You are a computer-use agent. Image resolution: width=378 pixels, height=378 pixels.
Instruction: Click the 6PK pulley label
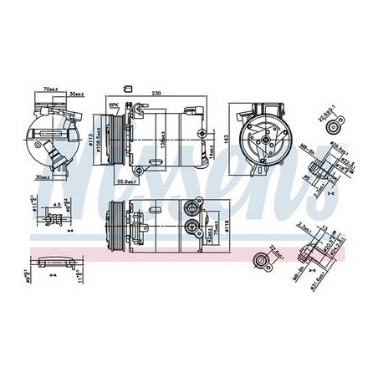(x=115, y=105)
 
